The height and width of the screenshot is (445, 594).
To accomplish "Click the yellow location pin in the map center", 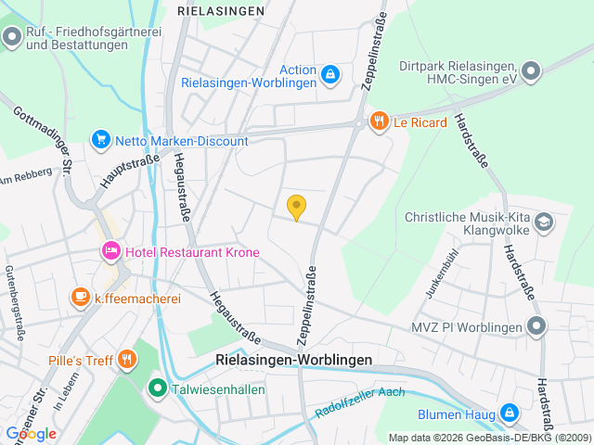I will click(296, 207).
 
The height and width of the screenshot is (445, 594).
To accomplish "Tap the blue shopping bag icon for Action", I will click(330, 72).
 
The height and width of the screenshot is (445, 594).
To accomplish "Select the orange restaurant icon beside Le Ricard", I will click(378, 121).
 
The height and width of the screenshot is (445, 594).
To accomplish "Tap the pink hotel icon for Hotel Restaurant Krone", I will click(110, 251).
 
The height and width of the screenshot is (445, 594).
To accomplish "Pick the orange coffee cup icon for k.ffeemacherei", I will click(81, 298).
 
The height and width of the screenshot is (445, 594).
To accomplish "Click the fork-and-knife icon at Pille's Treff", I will click(125, 360).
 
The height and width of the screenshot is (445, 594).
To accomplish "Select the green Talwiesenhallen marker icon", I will click(158, 389).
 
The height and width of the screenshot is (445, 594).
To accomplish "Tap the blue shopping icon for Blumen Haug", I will click(509, 413).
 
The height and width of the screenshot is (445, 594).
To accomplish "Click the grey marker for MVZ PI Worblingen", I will click(536, 325).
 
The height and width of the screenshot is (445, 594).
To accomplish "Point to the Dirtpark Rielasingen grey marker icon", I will click(530, 70).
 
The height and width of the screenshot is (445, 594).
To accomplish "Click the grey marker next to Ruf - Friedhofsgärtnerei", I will click(12, 37).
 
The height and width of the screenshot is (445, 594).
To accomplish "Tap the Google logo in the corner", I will click(31, 433).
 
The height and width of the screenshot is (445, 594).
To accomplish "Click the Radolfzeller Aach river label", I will click(360, 400).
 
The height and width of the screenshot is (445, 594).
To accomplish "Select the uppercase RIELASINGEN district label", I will click(220, 11).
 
